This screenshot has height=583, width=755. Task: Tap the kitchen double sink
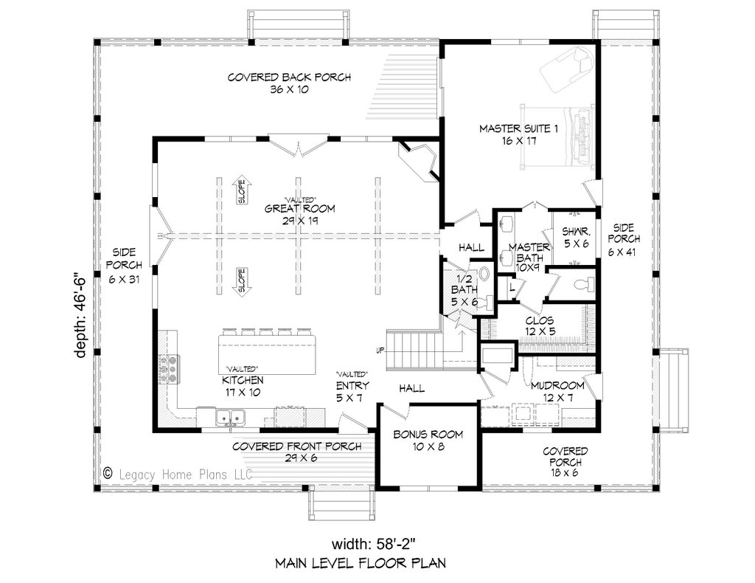[x=230, y=417]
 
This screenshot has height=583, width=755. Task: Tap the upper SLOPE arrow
[x=241, y=192]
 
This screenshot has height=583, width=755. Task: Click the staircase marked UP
[x=414, y=351]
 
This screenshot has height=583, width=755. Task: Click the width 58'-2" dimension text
[x=373, y=544]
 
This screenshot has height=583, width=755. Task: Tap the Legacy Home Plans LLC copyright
[x=178, y=474]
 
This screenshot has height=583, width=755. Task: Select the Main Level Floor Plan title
[x=361, y=563]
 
